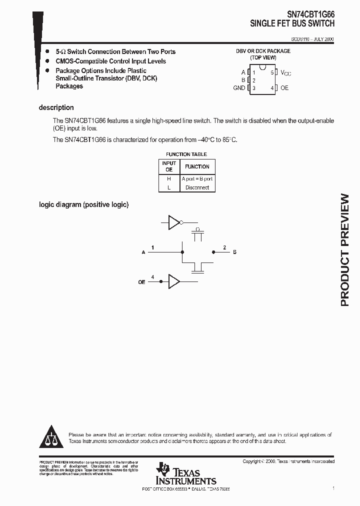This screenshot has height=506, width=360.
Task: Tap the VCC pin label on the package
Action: pyautogui.click(x=285, y=73)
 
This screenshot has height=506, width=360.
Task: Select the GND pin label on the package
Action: pyautogui.click(x=239, y=88)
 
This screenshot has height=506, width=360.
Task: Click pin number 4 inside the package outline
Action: pyautogui.click(x=272, y=88)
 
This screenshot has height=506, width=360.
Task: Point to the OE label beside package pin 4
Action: pyautogui.click(x=284, y=88)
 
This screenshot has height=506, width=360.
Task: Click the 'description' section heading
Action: pyautogui.click(x=56, y=107)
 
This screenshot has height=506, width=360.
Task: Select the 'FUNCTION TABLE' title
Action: pyautogui.click(x=186, y=154)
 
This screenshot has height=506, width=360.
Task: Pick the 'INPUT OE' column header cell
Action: pyautogui.click(x=169, y=166)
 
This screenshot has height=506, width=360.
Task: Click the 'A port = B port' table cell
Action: pyautogui.click(x=197, y=178)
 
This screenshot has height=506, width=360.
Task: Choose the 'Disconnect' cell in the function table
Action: pyautogui.click(x=197, y=187)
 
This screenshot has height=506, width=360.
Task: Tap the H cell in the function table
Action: pyautogui.click(x=169, y=178)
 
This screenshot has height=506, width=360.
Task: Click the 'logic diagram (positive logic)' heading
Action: pyautogui.click(x=83, y=204)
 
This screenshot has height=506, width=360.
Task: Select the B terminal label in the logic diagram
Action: pyautogui.click(x=234, y=252)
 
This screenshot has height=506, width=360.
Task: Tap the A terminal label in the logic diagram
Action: pyautogui.click(x=143, y=252)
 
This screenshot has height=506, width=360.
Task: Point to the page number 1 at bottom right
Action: pyautogui.click(x=333, y=487)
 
